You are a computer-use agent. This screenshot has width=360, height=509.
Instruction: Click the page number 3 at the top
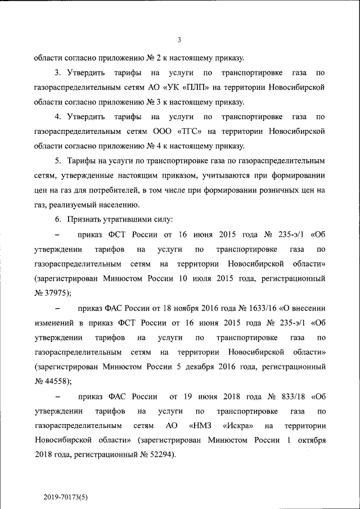click(179, 39)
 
